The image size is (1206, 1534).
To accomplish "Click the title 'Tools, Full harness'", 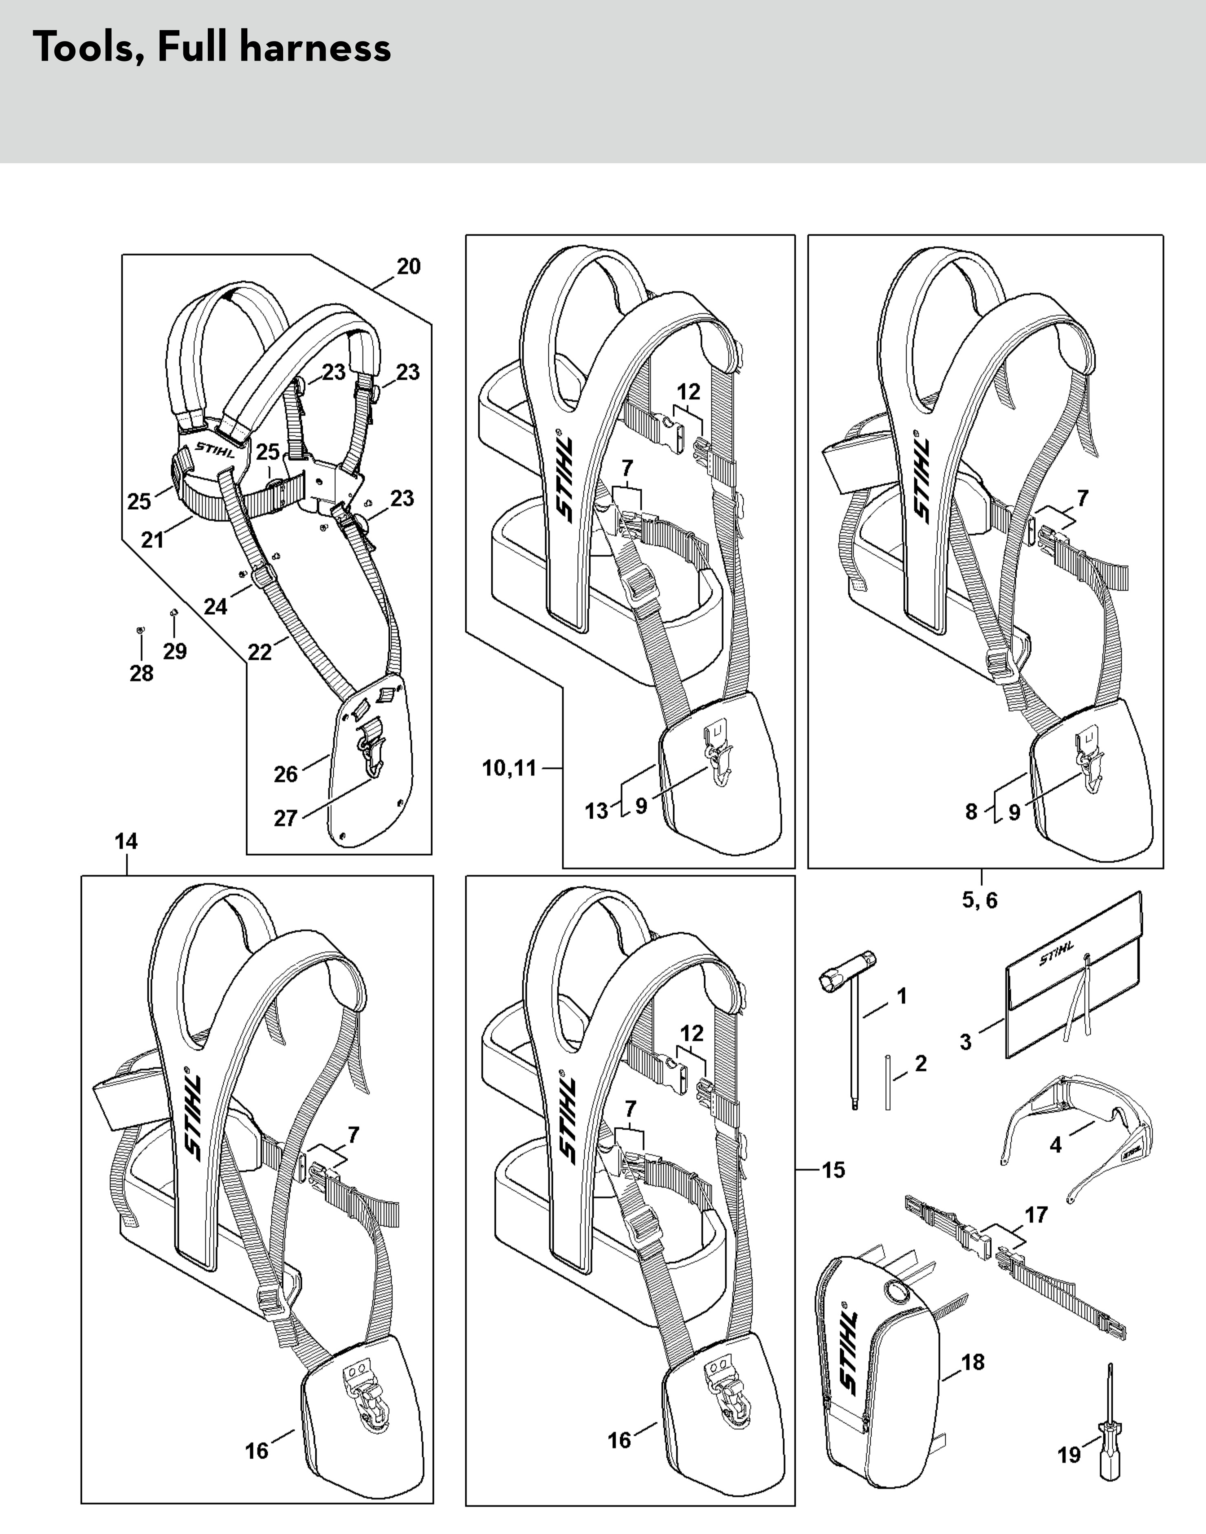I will (x=212, y=48).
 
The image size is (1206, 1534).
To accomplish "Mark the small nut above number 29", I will (x=173, y=612).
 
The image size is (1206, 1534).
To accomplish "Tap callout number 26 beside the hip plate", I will (x=286, y=774).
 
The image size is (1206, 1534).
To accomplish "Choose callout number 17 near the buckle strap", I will (x=1036, y=1214).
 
